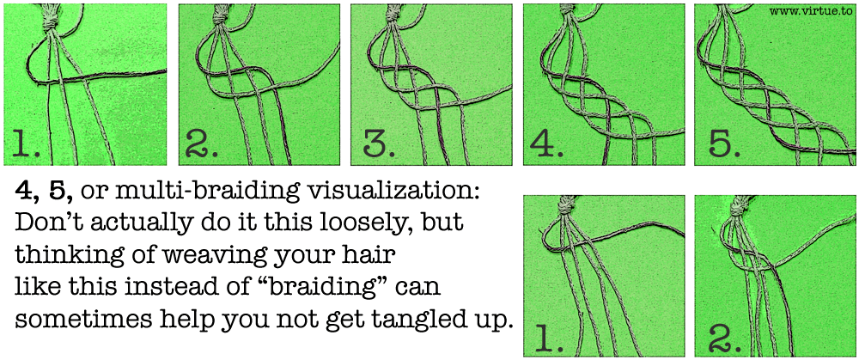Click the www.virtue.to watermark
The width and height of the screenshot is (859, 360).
tap(812, 10)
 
